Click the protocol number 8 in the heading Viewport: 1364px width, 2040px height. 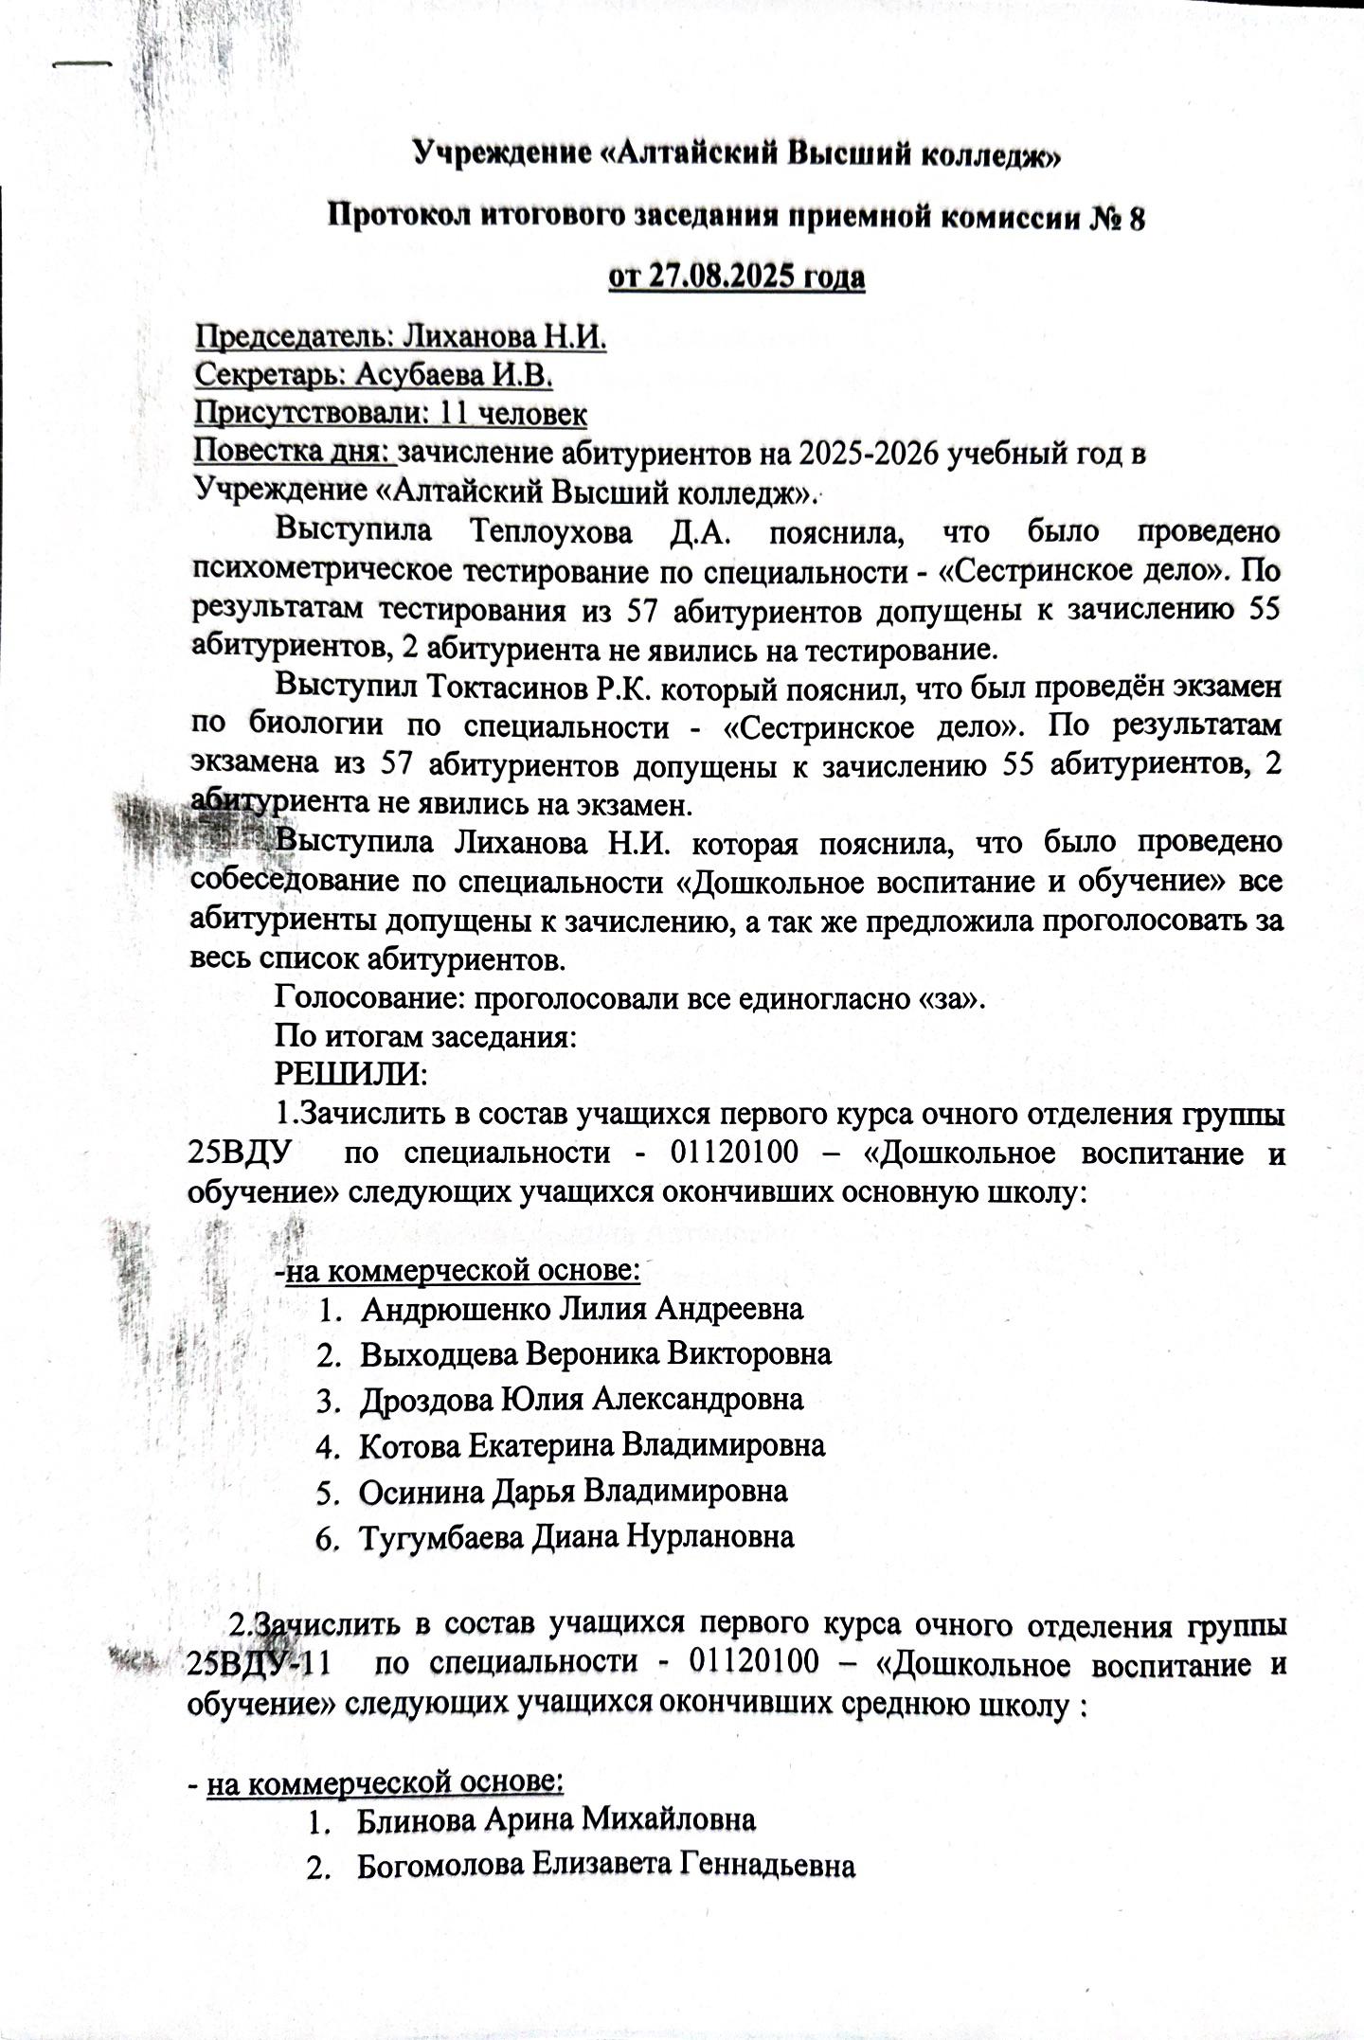[x=1136, y=217]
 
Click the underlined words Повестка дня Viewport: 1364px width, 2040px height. [x=294, y=453]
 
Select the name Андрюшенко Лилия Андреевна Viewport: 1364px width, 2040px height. [x=582, y=1309]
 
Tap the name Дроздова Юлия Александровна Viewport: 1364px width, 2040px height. [x=582, y=1399]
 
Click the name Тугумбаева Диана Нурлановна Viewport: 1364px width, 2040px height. [x=576, y=1535]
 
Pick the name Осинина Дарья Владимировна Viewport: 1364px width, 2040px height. [x=573, y=1490]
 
